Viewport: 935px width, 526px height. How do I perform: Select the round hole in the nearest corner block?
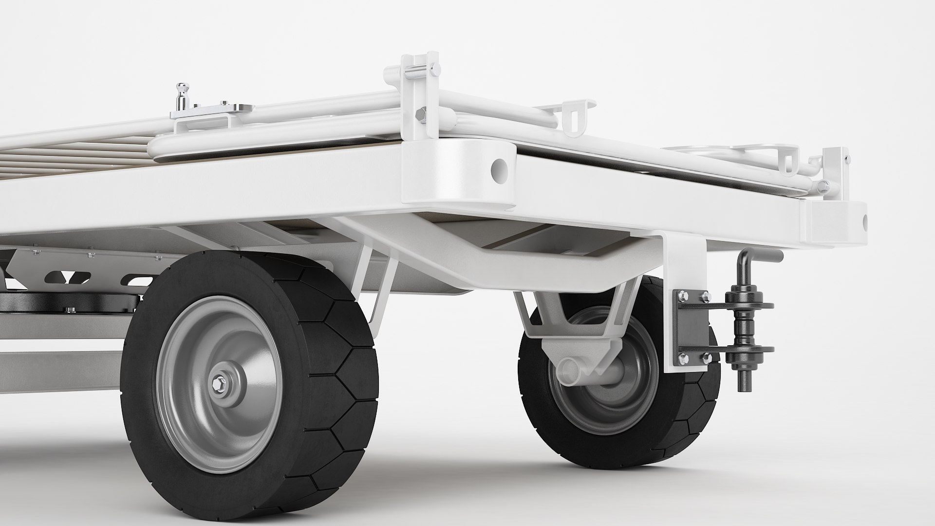pos(499,169)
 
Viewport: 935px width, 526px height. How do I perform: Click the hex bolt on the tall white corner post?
pos(420,114)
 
